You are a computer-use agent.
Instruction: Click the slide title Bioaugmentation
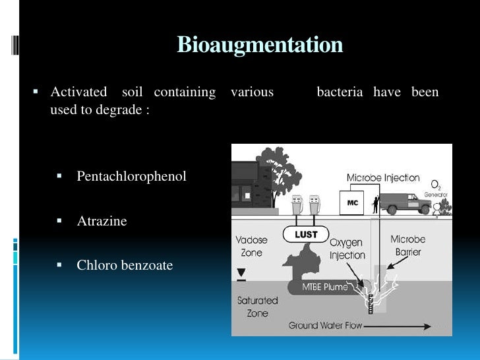(260, 45)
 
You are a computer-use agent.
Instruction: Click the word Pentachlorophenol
(131, 176)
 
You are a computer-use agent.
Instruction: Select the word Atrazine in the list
(102, 221)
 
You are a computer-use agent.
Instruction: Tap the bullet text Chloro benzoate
(125, 265)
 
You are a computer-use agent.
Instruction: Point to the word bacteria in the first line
(340, 92)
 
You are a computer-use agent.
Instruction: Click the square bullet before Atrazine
(59, 221)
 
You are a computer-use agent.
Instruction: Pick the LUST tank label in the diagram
(306, 234)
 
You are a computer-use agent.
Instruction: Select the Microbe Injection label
(383, 177)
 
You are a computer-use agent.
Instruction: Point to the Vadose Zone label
(251, 246)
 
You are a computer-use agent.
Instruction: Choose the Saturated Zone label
(257, 306)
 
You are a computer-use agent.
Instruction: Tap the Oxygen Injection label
(346, 249)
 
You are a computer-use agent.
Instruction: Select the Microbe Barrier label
(407, 245)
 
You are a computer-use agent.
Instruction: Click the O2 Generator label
(436, 189)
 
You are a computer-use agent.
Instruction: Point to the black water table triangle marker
(241, 272)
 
